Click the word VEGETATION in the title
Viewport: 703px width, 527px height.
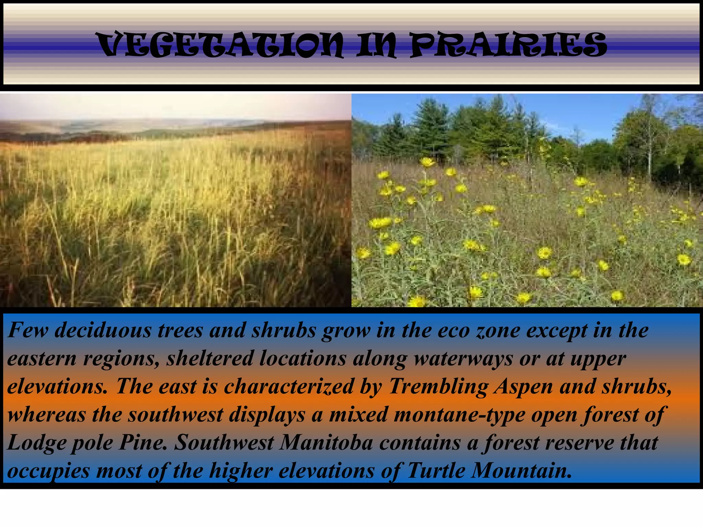(x=220, y=45)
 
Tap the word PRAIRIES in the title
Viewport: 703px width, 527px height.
(x=508, y=45)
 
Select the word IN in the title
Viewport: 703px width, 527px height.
(x=376, y=45)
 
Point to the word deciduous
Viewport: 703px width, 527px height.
(x=103, y=330)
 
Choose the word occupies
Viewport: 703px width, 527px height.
(x=48, y=471)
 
